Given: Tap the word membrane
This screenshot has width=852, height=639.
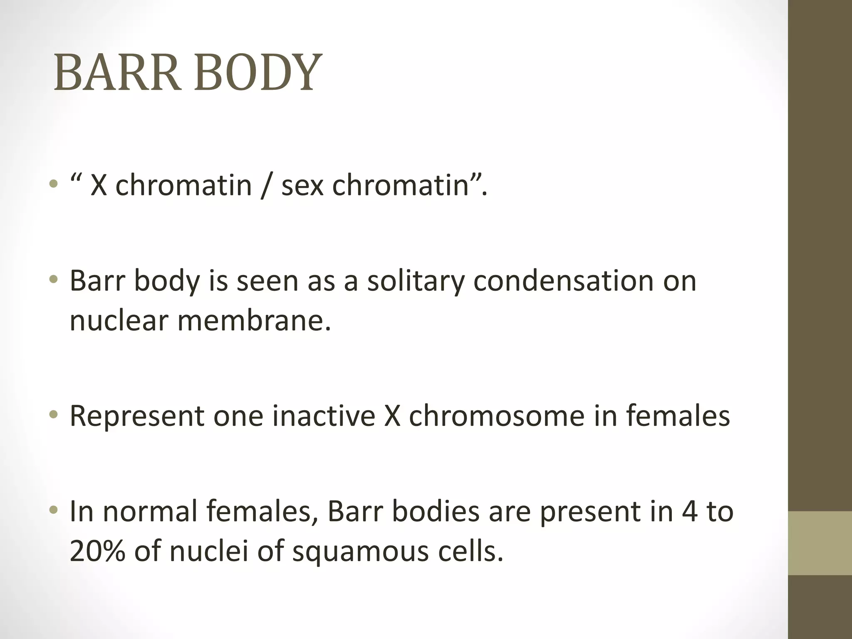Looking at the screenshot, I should (x=254, y=321).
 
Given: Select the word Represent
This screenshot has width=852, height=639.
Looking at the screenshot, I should (x=137, y=416).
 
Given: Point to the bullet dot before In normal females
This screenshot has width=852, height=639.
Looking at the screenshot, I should (x=53, y=510).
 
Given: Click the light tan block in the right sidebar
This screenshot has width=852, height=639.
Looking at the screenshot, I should (x=820, y=543).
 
